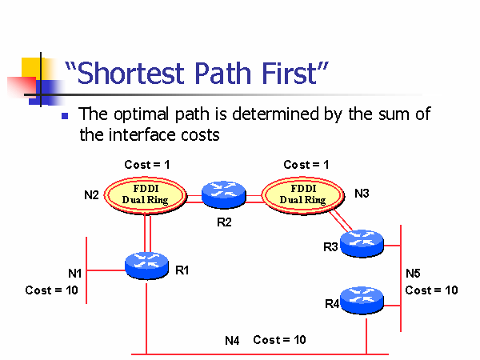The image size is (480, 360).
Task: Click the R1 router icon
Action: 146,265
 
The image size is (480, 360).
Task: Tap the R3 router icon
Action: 362,242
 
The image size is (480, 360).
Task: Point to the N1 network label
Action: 75,274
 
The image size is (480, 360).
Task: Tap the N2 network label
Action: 92,194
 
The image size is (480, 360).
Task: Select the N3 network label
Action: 362,194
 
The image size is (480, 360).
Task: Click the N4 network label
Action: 232,341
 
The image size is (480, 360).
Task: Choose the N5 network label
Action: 413,273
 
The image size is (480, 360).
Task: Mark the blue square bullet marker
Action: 65,116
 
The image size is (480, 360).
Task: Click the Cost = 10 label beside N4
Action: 279,340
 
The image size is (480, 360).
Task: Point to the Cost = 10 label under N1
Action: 51,290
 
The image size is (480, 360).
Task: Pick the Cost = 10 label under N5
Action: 431,290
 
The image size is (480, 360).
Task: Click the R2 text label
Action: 224,222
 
